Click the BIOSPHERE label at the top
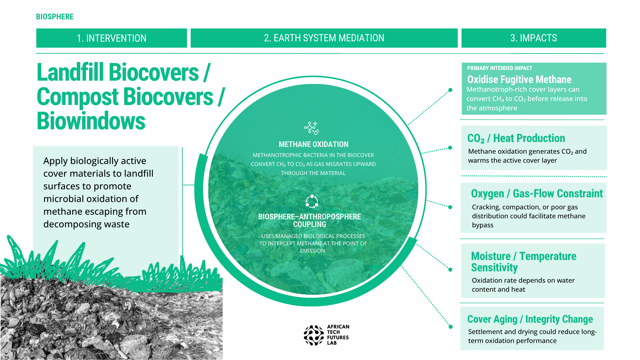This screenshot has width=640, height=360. (55, 17)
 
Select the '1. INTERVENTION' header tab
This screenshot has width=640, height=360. (112, 38)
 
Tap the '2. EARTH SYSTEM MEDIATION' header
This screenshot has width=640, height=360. (324, 38)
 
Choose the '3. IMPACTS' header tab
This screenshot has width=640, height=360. (534, 38)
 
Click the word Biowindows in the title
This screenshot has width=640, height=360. (91, 121)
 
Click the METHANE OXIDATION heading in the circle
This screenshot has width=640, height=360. (314, 144)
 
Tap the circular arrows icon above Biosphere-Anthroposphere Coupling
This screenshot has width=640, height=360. (312, 201)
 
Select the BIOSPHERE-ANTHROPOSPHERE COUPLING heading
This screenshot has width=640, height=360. (310, 220)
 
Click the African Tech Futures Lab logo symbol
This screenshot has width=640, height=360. (314, 335)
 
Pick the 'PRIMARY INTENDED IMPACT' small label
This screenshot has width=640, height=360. (500, 68)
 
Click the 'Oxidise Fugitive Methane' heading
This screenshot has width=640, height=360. (519, 79)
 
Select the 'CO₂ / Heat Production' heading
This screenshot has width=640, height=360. (516, 138)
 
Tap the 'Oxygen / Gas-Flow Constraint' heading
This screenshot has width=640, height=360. (537, 194)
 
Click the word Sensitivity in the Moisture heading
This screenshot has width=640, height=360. (494, 268)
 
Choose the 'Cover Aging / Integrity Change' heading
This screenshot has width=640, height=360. (530, 319)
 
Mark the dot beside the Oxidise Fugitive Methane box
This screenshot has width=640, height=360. (450, 90)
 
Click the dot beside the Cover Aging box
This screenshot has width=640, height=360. (451, 327)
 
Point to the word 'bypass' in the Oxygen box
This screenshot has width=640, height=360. (483, 225)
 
